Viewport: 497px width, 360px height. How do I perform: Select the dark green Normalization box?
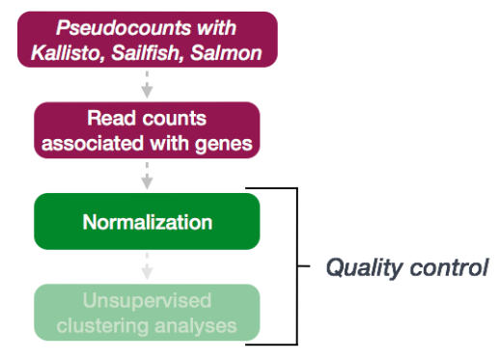[147, 223]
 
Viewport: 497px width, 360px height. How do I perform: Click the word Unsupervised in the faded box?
[147, 301]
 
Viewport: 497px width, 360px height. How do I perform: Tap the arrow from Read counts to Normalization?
[147, 175]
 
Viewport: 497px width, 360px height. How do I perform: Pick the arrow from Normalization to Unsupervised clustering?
[147, 266]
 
